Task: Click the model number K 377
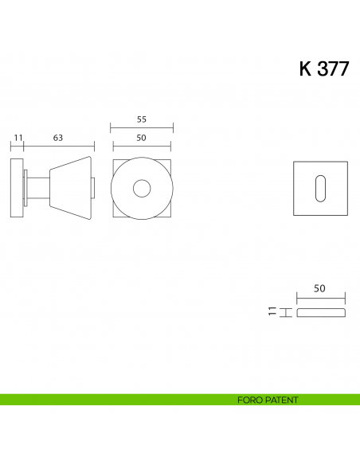323,68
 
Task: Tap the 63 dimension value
58,138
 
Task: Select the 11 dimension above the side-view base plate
16,138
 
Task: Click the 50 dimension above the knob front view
142,138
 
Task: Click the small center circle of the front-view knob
142,189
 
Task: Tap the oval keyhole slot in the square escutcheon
321,189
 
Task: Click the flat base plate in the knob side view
18,189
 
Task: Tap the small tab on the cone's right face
96,188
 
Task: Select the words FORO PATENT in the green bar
268,400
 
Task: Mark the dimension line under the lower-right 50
322,298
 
